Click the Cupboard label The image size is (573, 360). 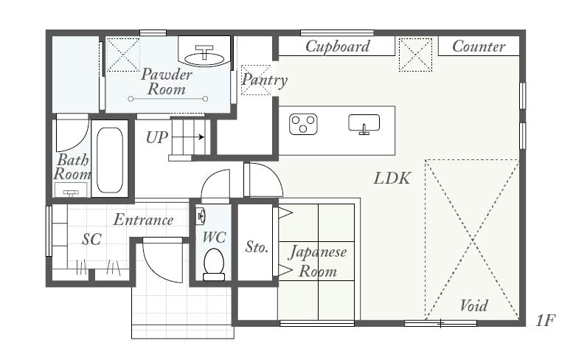pos(337,46)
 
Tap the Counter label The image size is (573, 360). pos(479,46)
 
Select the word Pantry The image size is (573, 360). pos(265,80)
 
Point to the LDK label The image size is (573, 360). pos(392,179)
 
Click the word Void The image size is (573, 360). pos(473,305)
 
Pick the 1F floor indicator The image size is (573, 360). pos(546,320)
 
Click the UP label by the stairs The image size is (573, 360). pos(157,138)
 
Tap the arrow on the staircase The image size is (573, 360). pos(188,137)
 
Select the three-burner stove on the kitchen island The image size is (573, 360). pos(303,124)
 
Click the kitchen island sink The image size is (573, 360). pos(364,124)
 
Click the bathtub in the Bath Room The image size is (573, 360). pos(110,160)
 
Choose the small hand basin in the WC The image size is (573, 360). pos(200,216)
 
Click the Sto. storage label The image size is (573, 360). pos(257,247)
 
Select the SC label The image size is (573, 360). pos(91,240)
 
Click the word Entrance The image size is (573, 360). pos(143,220)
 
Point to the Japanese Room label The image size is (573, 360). pos(318,262)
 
